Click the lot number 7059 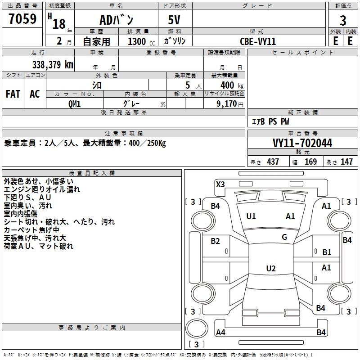(22, 19)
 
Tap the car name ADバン (116, 20)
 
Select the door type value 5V (175, 20)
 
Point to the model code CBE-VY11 (258, 41)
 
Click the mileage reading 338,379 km (52, 64)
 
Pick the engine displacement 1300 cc (139, 41)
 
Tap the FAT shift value (13, 94)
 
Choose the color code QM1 (74, 103)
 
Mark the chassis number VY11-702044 (302, 143)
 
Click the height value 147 (346, 162)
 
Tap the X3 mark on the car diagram (220, 184)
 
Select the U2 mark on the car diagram (270, 269)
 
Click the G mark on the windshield (284, 237)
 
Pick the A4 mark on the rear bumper (220, 333)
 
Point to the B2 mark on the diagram (216, 241)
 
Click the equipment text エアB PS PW (270, 121)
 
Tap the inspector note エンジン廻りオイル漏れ (42, 189)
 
